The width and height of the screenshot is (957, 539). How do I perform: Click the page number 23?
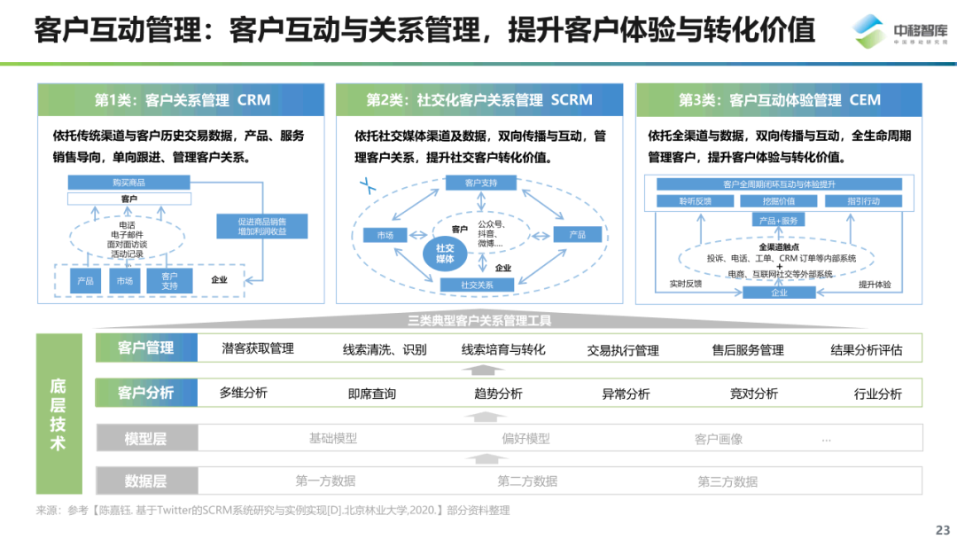tap(941, 529)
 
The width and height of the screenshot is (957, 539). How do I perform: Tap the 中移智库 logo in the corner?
tap(895, 32)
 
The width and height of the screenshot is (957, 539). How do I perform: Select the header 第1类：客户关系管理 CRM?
tap(182, 100)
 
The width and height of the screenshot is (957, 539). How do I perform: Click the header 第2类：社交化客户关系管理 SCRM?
tap(479, 100)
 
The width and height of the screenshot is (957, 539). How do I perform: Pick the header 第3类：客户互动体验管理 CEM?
tap(779, 100)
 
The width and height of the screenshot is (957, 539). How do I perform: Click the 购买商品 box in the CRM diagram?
tap(129, 182)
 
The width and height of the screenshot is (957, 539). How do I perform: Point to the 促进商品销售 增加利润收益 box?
tap(262, 226)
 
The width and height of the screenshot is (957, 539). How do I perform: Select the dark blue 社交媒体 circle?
tap(445, 254)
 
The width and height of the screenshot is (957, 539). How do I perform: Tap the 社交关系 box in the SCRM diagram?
tap(477, 285)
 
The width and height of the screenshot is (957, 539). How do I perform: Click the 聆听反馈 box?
tap(695, 201)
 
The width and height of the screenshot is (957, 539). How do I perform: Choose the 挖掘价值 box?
tap(779, 201)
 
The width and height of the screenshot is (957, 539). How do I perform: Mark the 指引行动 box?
tap(863, 201)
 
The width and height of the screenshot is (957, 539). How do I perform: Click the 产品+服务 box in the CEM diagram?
tap(779, 220)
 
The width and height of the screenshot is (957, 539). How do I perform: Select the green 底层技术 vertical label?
tap(58, 414)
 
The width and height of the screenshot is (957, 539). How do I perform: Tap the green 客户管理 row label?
tap(146, 348)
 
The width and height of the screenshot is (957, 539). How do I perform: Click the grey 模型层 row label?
tap(146, 439)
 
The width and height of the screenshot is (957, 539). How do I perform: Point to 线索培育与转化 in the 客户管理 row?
tap(503, 349)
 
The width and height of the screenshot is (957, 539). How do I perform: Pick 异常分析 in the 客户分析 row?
tap(626, 394)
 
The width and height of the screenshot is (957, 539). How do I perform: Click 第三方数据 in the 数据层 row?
tap(727, 481)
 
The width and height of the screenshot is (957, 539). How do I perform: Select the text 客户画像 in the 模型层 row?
tap(719, 439)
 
